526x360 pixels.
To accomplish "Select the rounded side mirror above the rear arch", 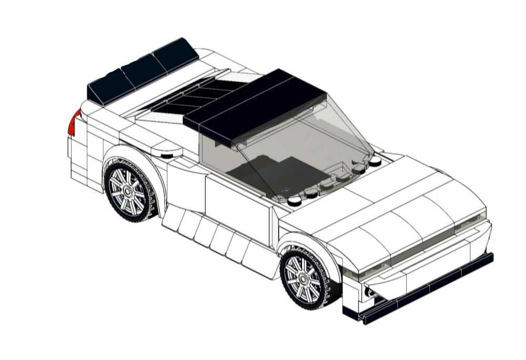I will [x=167, y=152].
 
